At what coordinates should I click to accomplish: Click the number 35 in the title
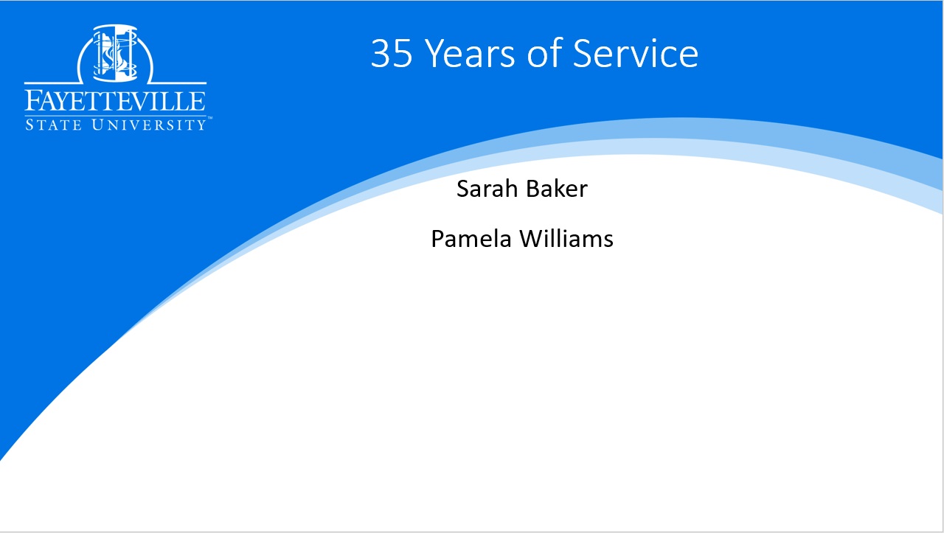coord(391,53)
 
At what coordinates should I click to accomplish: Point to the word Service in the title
coord(636,53)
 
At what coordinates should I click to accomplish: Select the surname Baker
coord(557,188)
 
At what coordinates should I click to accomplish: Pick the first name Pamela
coord(471,239)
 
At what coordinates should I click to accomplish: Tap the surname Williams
coord(566,239)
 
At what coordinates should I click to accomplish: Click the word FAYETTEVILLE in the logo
coord(115,101)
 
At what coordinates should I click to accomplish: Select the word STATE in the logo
coord(54,125)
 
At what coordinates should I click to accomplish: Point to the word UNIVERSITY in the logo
coord(149,125)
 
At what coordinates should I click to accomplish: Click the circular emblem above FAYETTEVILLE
coord(115,54)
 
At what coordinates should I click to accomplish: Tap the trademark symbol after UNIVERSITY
coord(209,119)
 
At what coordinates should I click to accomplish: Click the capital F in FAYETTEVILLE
coord(34,101)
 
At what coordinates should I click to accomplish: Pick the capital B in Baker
coord(533,188)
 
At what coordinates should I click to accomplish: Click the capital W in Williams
coord(532,239)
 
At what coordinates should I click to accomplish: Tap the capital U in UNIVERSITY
coord(97,125)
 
